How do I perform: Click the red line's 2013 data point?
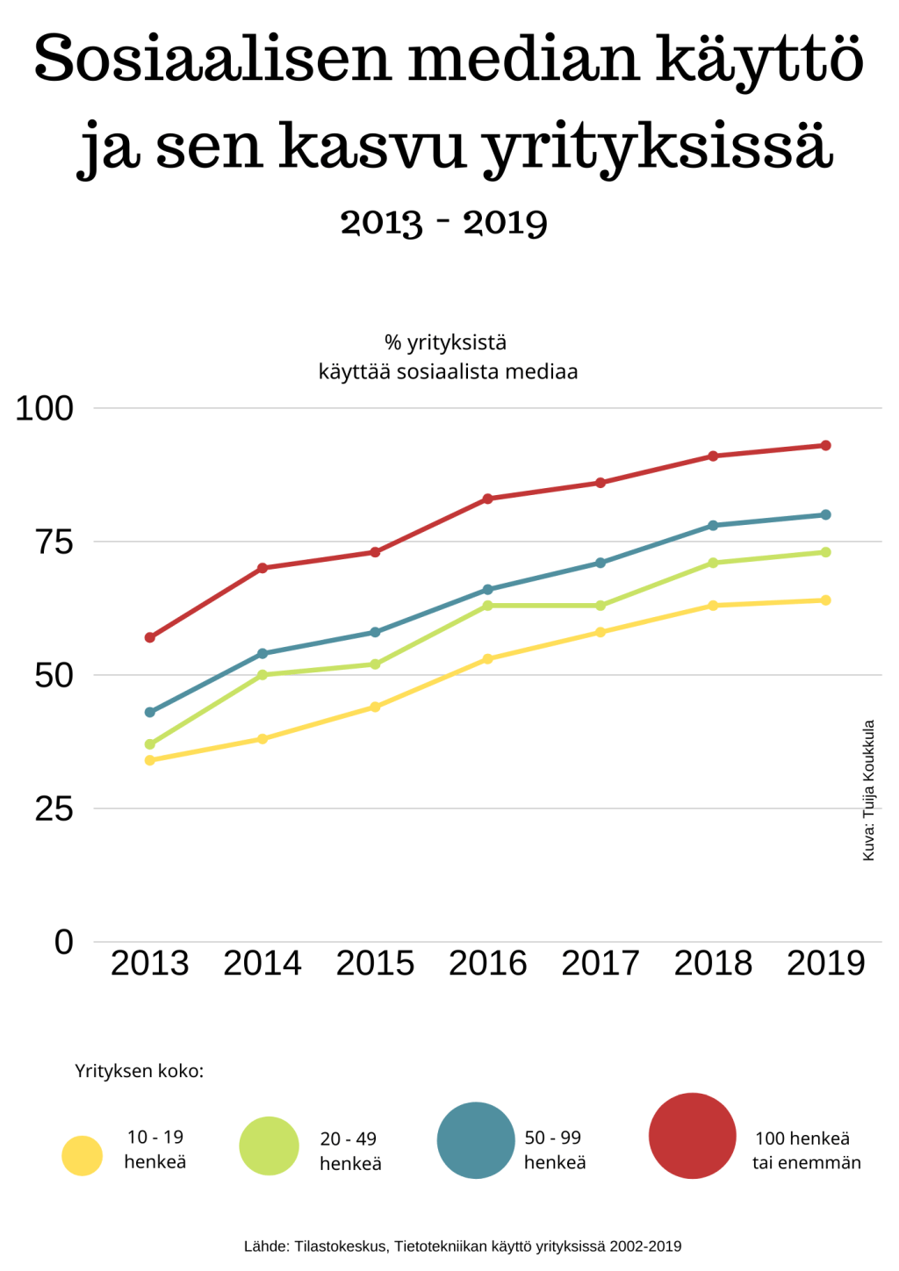point(149,637)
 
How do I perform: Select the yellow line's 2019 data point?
point(826,600)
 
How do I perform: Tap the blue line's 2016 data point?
point(488,589)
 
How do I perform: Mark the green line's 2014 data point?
point(263,675)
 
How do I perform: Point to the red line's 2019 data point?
point(826,446)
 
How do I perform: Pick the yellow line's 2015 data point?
point(375,707)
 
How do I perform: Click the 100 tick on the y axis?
point(44,408)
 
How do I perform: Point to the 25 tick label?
point(54,808)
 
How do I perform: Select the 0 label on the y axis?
point(63,942)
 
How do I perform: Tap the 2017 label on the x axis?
point(601,964)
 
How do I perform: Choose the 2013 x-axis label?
point(149,964)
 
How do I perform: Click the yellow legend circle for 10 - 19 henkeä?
point(83,1155)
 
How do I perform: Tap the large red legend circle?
point(693,1136)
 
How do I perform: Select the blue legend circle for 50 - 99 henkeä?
point(476,1140)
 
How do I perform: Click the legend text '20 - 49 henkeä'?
point(349,1151)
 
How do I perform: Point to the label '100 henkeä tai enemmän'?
point(806,1150)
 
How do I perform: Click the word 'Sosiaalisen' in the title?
point(212,59)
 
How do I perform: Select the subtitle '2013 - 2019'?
point(444,222)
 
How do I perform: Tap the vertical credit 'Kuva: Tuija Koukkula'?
point(869,790)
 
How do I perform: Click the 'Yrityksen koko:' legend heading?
point(140,1071)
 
